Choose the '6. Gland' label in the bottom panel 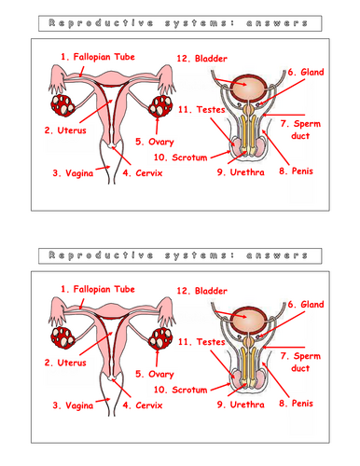coord(306,304)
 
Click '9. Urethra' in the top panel coord(241,171)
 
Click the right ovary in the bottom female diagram coord(160,336)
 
